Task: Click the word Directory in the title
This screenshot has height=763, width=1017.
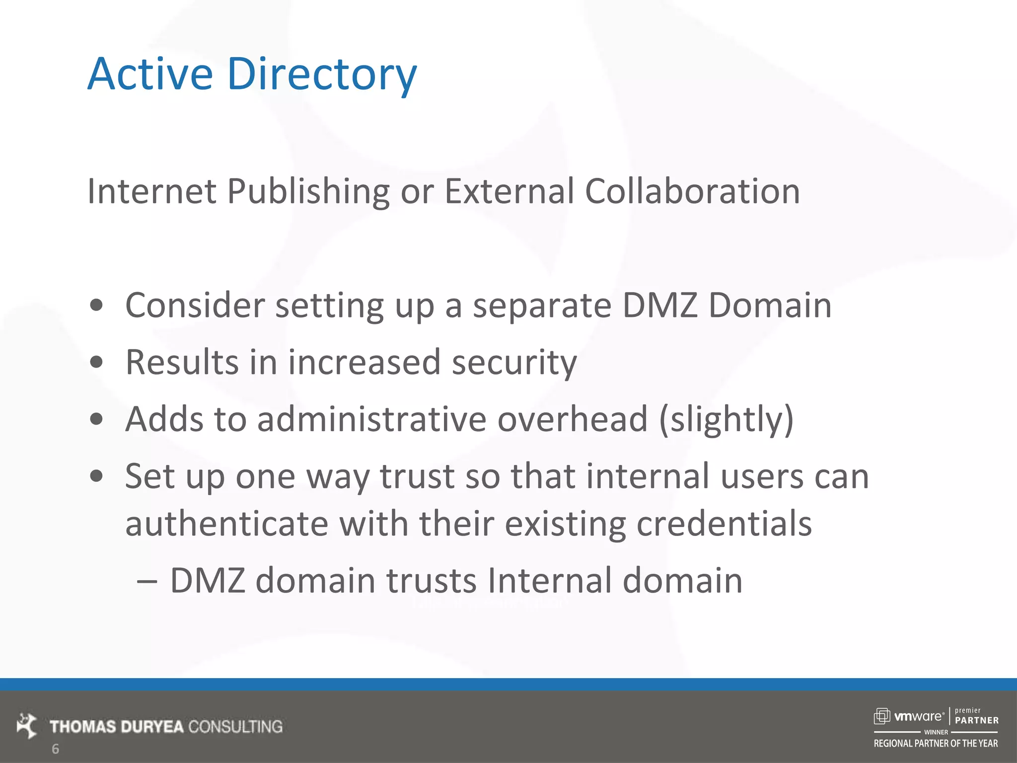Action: pos(322,75)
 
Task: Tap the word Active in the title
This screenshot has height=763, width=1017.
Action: pos(150,75)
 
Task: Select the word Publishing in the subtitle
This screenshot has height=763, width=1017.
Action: pos(308,192)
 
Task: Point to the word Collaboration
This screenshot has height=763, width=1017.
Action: pos(692,192)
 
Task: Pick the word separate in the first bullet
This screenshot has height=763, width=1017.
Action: pos(542,306)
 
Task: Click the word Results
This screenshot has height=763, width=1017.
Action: pos(182,362)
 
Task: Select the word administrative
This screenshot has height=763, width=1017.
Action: pos(371,419)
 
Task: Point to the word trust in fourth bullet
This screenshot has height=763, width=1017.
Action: pos(417,476)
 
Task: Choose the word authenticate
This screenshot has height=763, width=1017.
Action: pos(227,524)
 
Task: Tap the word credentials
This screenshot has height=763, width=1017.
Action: pos(724,524)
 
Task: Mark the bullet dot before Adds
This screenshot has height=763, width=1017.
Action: pos(96,419)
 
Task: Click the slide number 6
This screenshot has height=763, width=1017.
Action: pos(56,749)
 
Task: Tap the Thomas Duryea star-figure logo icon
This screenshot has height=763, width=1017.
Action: pos(27,725)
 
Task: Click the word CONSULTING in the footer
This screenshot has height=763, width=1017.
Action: pos(235,727)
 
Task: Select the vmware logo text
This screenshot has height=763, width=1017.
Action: pos(919,716)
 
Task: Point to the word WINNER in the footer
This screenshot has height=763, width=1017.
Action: pos(936,732)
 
